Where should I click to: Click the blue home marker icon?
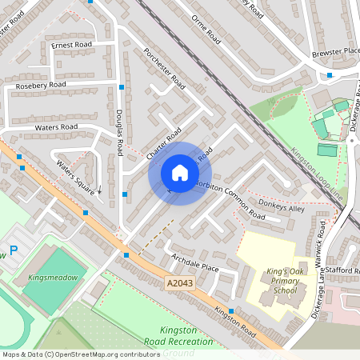(179, 173)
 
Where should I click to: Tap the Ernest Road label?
(72, 45)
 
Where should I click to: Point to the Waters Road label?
(56, 127)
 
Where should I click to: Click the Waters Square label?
(76, 177)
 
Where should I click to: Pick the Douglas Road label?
(118, 132)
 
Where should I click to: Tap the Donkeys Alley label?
(286, 209)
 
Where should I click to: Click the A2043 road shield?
(181, 283)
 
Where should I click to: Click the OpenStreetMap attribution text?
(81, 354)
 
